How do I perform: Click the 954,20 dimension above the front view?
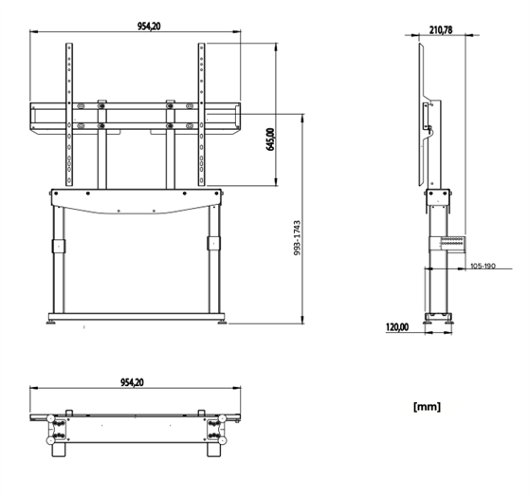pyautogui.click(x=149, y=26)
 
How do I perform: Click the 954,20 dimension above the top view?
pyautogui.click(x=133, y=382)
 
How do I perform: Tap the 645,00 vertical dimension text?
pyautogui.click(x=270, y=139)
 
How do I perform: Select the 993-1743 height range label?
pyautogui.click(x=297, y=238)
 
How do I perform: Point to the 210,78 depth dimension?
pyautogui.click(x=441, y=30)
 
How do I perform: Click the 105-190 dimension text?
pyautogui.click(x=483, y=266)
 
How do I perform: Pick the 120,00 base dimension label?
pyautogui.click(x=397, y=326)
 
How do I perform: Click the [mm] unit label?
pyautogui.click(x=427, y=406)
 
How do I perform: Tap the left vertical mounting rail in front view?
pyautogui.click(x=69, y=114)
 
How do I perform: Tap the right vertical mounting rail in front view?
pyautogui.click(x=201, y=114)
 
